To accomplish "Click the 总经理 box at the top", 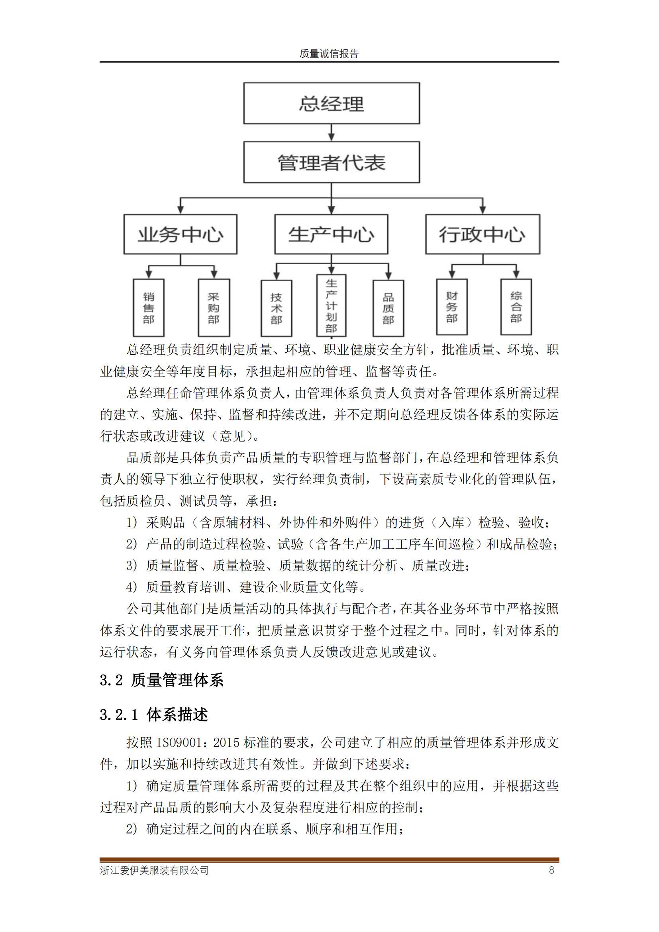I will pos(331,103).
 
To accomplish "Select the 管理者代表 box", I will pos(331,162).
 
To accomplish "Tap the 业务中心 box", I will pos(180,234).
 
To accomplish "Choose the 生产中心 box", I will pos(331,234).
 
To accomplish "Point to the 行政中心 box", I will pos(482,234).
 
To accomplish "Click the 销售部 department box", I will pos(149,307).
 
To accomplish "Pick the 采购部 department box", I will pos(214,307).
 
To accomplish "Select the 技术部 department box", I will pos(277,308).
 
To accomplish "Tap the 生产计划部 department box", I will pos(331,306).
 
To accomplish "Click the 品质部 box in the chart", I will pos(388,308).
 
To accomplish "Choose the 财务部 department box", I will pos(452,306).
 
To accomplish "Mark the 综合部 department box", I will pos(516,306).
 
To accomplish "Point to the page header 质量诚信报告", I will pos(329,54).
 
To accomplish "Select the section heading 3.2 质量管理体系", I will pos(161,680).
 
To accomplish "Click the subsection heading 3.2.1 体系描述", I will pos(154,714).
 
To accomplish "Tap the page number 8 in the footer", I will pos(551,870).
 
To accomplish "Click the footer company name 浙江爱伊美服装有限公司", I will pos(154,870).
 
